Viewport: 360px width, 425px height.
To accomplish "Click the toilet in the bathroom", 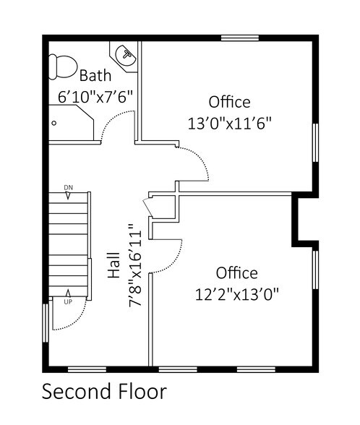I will (62, 67).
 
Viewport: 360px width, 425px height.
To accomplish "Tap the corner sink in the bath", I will (127, 54).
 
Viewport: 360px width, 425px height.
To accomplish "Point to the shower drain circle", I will (54, 123).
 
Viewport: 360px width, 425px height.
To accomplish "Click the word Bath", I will (95, 75).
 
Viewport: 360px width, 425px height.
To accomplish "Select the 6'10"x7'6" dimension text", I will (95, 95).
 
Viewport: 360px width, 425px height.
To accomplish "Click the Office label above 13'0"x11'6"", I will (229, 101).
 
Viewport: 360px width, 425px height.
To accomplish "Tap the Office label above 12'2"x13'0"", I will (236, 273).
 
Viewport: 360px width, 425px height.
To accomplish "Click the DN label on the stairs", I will (69, 188).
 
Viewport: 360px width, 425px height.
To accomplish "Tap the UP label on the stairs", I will (68, 302).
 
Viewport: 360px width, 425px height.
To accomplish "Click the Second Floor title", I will (104, 392).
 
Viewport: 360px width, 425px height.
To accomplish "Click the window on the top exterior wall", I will (240, 38).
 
